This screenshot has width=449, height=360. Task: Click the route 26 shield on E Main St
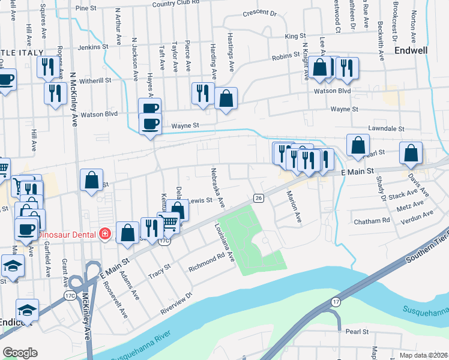click(x=258, y=197)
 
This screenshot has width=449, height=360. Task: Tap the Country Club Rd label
click(x=175, y=4)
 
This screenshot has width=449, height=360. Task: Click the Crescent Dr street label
click(x=259, y=13)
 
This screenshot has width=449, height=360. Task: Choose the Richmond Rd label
click(x=205, y=262)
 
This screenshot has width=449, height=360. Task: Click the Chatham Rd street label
click(x=372, y=221)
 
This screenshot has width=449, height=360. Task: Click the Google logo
click(x=20, y=353)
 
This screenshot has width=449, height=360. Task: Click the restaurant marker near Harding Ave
click(x=203, y=92)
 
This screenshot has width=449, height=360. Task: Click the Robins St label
click(x=281, y=56)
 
